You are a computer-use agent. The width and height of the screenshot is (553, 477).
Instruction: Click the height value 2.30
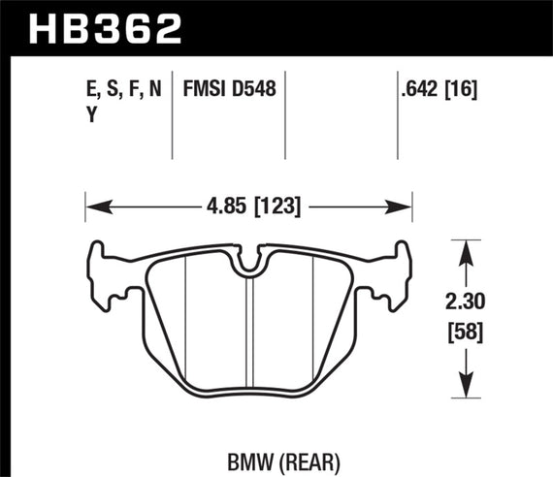point(467,302)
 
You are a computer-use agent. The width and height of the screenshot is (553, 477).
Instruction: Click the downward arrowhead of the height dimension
point(467,387)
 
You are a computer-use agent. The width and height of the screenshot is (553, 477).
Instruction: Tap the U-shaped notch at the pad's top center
point(250,261)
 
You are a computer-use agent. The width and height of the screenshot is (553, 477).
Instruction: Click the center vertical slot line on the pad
point(250,330)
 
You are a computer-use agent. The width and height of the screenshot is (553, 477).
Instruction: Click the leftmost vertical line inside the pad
point(184,320)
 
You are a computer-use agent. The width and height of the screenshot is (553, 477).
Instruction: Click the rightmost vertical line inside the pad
point(315,320)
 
